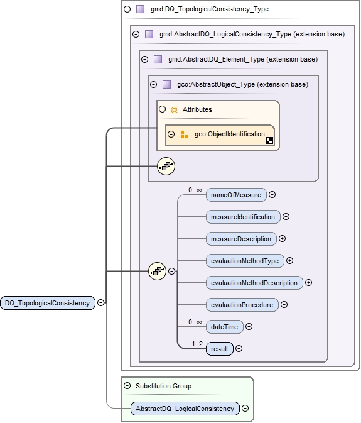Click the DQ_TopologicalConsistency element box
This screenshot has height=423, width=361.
pos(47,302)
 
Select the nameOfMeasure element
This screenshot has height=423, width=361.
pos(236,195)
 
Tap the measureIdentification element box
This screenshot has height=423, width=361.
pos(243,217)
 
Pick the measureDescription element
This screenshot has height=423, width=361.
pos(241,239)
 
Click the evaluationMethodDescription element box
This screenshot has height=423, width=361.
pos(254,283)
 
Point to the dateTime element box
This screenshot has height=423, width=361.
pos(224,327)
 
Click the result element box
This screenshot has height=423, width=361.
pos(220,349)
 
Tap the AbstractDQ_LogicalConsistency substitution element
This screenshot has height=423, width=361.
pos(186,409)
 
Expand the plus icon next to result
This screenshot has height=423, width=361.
pos(239,349)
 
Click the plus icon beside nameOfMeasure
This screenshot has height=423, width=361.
pos(272,195)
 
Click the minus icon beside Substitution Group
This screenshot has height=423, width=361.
pos(127,386)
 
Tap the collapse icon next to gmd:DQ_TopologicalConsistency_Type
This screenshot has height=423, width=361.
pos(127,9)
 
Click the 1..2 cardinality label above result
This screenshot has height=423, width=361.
pos(198,343)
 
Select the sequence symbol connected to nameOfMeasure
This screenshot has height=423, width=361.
pos(157,272)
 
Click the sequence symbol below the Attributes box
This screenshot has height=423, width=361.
pos(166,166)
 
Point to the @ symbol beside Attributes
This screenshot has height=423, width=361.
pos(174,109)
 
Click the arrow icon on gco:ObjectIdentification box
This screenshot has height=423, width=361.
pos(269,141)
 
